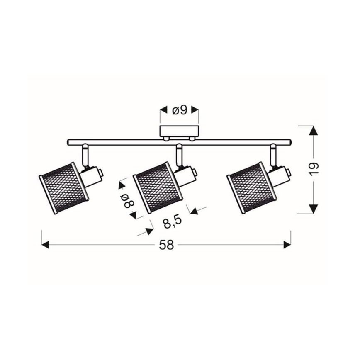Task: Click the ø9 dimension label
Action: click(179, 110)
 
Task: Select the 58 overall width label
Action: click(166, 245)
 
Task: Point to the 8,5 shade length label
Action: click(171, 223)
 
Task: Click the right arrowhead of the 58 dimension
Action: click(287, 245)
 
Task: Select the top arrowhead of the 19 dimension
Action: click(314, 130)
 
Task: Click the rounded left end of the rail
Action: click(68, 142)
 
